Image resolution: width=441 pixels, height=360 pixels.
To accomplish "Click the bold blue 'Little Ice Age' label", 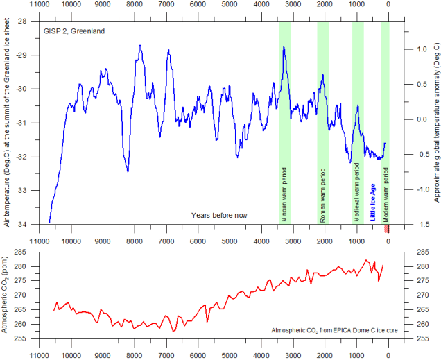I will [x=373, y=201].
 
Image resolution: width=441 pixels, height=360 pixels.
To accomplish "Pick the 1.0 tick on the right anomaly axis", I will [x=422, y=49].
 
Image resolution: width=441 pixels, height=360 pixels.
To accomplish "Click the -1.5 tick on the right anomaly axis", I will [x=421, y=224].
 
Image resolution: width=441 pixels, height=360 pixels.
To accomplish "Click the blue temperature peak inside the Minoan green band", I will [x=284, y=48].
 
